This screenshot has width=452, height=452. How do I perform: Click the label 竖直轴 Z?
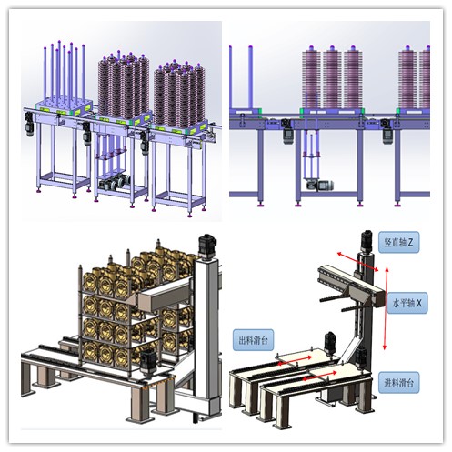coord(398,242)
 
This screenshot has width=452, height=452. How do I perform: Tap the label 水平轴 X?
coord(407,303)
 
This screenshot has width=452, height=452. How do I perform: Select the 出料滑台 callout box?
coord(253,340)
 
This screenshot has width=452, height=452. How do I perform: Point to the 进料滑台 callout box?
coord(399,383)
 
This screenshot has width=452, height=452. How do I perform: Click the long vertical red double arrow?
coord(386,308)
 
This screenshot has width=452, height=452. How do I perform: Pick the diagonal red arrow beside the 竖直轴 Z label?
coord(358,261)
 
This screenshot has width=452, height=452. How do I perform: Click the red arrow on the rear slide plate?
coord(295,360)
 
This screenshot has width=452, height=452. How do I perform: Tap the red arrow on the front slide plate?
coord(320,376)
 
